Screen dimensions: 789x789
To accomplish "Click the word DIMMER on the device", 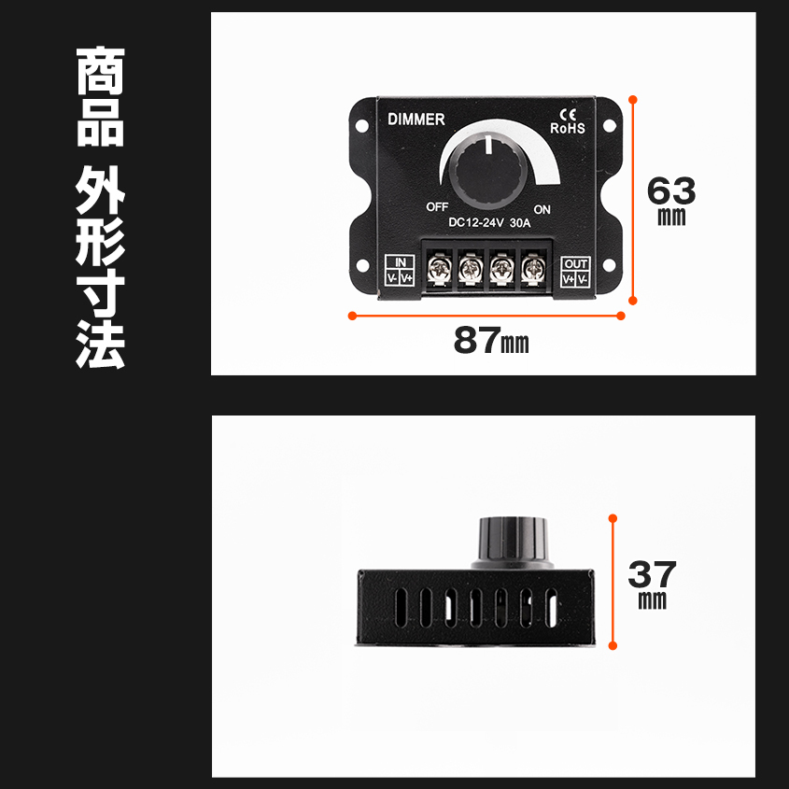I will pos(416,119).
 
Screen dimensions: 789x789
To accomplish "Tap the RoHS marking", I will pos(568,129).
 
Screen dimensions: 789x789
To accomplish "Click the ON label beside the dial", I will pos(542,209).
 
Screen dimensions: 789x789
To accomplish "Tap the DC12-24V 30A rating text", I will pos(489,223).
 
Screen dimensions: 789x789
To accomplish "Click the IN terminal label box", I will pos(401,271).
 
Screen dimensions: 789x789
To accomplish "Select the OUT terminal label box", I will pos(576,271).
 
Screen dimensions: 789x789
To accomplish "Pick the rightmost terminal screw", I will pos(532,270).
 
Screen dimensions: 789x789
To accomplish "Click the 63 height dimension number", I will pos(671,191).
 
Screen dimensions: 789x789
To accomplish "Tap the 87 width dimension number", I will pos(478,342).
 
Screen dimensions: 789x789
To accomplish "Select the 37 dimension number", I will pos(652,572).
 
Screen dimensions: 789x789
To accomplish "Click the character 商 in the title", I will pos(100,75).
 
